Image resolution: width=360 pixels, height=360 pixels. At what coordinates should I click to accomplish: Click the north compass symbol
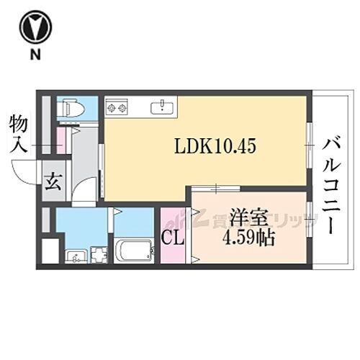pyautogui.click(x=34, y=27)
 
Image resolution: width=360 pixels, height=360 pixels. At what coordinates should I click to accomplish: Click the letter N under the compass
pyautogui.click(x=34, y=55)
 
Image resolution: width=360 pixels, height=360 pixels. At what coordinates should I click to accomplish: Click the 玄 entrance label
pyautogui.click(x=53, y=181)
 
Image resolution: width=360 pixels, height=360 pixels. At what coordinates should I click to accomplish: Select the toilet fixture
pyautogui.click(x=72, y=108)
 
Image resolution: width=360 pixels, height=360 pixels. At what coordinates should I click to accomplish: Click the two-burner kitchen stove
pyautogui.click(x=117, y=109)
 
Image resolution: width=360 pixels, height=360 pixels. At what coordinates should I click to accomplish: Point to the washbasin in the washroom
pyautogui.click(x=74, y=256)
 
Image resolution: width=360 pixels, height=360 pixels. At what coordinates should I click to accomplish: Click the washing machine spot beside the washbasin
pyautogui.click(x=98, y=256)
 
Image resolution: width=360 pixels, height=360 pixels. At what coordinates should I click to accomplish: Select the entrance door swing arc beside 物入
pyautogui.click(x=25, y=173)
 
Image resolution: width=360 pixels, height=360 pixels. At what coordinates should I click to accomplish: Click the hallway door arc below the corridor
pyautogui.click(x=84, y=191)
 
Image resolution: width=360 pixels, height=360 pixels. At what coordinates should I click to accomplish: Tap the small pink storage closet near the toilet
pyautogui.click(x=62, y=140)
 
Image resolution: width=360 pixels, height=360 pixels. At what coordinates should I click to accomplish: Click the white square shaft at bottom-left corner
pyautogui.click(x=49, y=251)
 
